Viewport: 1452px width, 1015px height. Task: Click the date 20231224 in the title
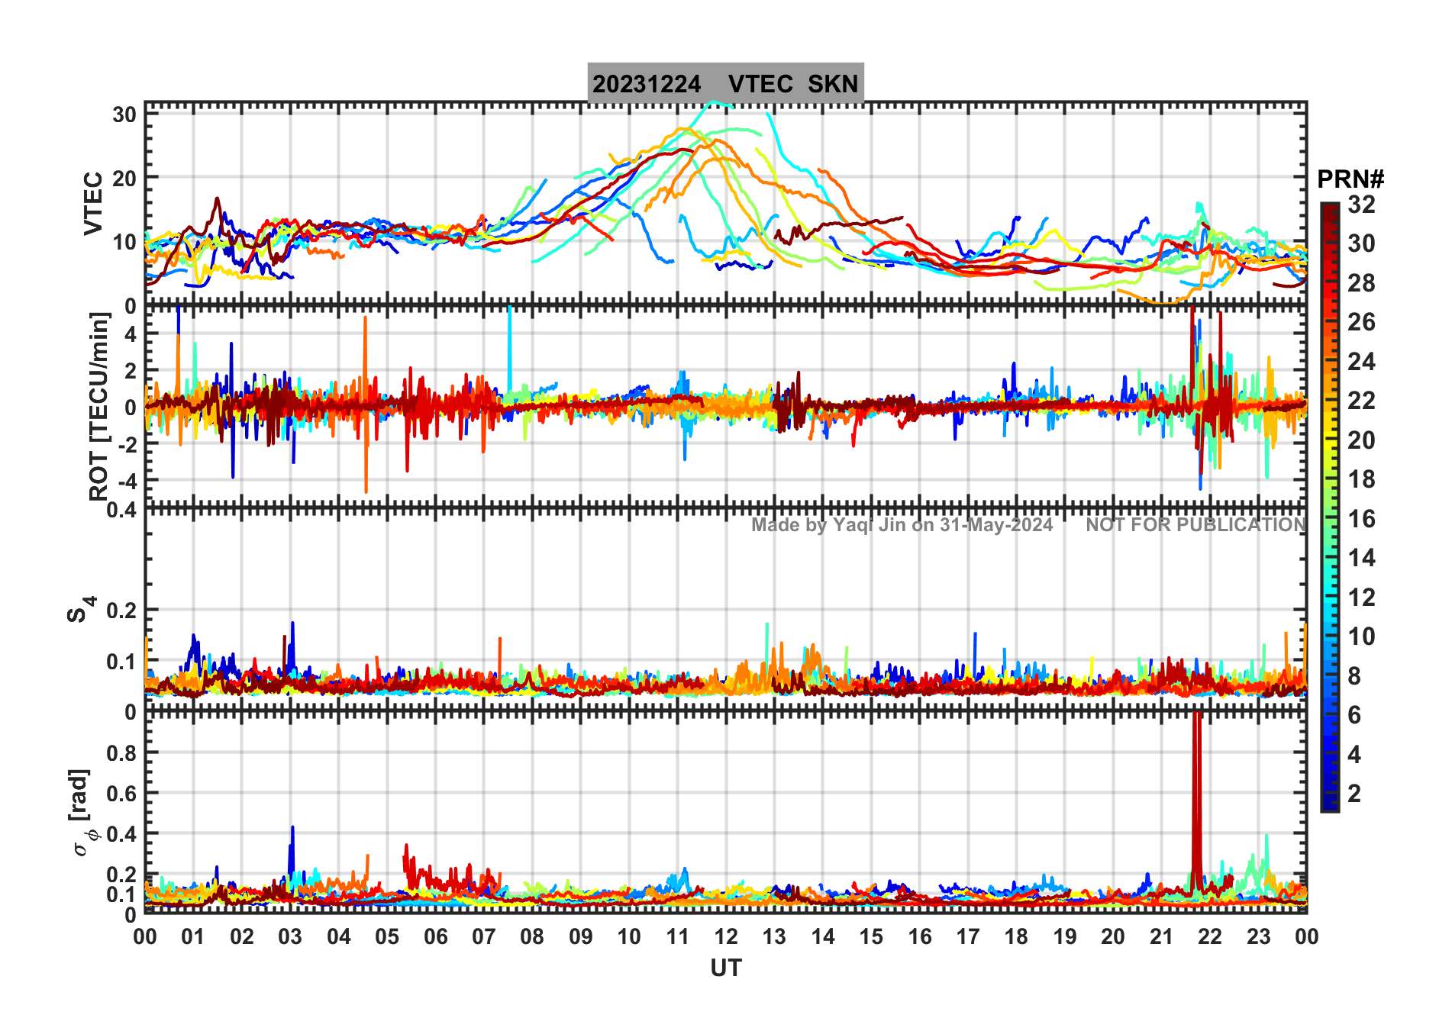(646, 84)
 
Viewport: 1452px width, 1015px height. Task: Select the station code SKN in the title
(833, 84)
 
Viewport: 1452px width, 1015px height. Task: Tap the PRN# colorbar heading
(1350, 179)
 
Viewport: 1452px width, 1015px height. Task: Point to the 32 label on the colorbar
(1361, 205)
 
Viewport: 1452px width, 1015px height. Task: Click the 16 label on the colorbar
(1361, 519)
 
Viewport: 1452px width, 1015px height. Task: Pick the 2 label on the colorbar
(1354, 794)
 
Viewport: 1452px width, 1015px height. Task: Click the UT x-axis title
(725, 968)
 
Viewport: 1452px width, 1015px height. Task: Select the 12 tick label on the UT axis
(725, 936)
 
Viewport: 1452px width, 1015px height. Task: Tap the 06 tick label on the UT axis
(435, 936)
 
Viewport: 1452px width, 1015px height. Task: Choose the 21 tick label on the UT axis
(1161, 936)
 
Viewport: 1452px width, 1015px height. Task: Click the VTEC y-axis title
(93, 203)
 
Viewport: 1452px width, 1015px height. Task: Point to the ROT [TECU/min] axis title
(99, 406)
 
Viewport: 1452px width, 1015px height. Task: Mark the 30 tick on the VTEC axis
(124, 114)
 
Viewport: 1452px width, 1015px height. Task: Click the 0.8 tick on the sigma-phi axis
(122, 752)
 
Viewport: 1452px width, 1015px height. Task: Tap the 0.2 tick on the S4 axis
(122, 611)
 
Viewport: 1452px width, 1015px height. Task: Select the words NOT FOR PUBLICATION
(1195, 525)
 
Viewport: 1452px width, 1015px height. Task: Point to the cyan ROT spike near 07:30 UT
(509, 343)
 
